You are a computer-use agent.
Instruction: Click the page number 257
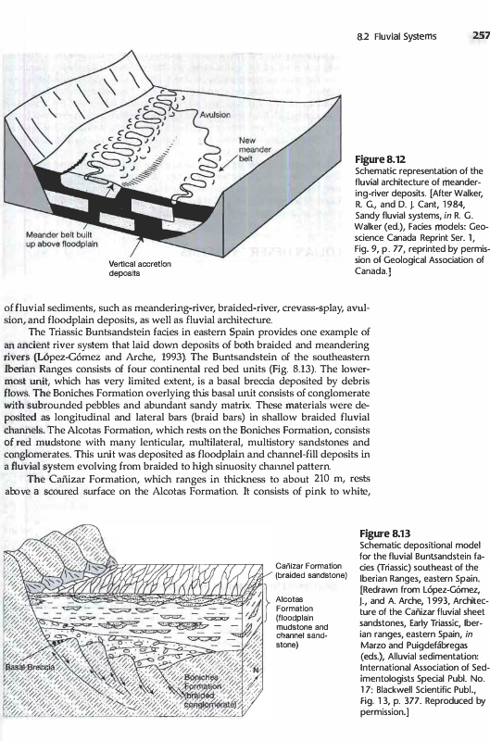pos(481,36)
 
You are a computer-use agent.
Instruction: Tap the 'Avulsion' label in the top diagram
pos(215,115)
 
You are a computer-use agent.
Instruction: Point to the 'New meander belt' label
pos(255,149)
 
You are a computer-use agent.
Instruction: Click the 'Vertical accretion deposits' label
pos(140,269)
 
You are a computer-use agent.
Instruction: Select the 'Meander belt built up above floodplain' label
pos(62,240)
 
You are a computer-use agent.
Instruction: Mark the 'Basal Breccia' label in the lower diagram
pos(30,667)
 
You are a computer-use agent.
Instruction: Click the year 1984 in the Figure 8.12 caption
pos(456,204)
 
